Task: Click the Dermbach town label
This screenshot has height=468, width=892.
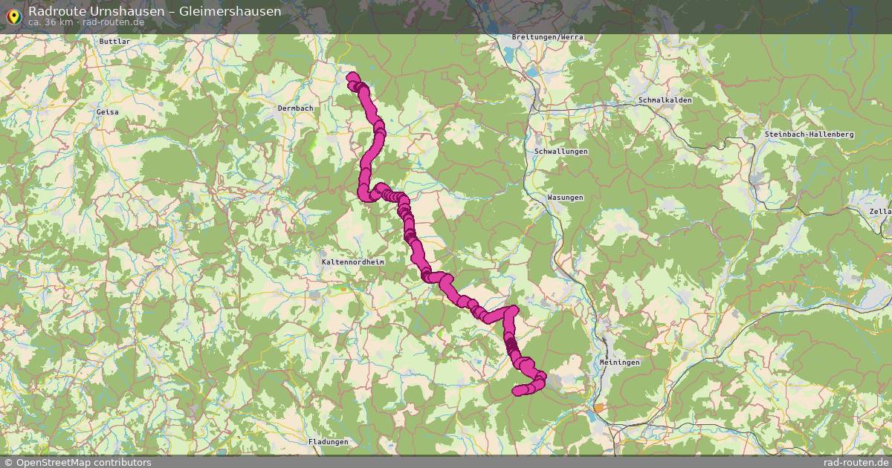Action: click(x=295, y=108)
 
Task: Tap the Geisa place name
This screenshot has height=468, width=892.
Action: click(x=107, y=111)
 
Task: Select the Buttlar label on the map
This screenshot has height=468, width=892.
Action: click(x=114, y=42)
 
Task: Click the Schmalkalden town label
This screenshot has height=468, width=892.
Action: click(x=665, y=100)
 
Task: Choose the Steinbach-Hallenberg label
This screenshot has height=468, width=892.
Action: click(x=809, y=134)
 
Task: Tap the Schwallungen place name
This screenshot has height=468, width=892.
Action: click(x=560, y=151)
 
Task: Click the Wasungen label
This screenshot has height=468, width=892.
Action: click(x=565, y=198)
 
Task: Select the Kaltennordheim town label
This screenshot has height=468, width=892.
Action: click(x=352, y=262)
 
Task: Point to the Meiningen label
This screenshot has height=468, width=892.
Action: click(x=619, y=362)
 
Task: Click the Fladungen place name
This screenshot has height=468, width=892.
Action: click(x=328, y=441)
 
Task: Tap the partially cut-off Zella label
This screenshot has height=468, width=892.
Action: click(x=882, y=211)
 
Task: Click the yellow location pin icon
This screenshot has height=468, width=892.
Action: click(x=13, y=16)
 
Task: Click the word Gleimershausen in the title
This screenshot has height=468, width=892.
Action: click(x=230, y=11)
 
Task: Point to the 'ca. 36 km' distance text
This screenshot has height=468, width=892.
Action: click(x=51, y=22)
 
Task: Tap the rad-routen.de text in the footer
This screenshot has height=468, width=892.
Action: click(x=856, y=462)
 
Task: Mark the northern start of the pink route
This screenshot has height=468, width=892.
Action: click(x=352, y=76)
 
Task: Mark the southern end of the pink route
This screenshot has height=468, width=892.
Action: click(x=517, y=391)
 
